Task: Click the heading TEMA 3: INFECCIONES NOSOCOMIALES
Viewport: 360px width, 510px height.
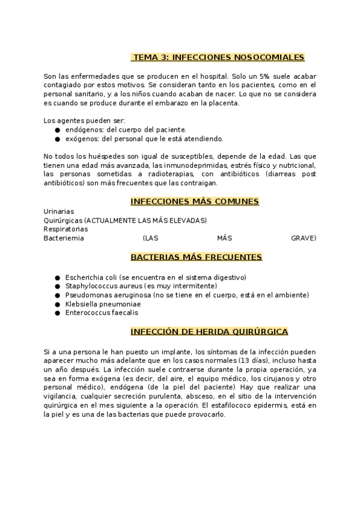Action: (x=218, y=57)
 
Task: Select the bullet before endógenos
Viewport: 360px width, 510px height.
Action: (x=57, y=130)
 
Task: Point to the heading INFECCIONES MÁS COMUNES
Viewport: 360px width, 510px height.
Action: (x=195, y=201)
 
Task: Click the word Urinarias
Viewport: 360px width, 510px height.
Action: (x=59, y=212)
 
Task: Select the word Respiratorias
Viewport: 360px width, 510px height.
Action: (x=66, y=229)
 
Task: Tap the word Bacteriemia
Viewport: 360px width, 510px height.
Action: (x=64, y=238)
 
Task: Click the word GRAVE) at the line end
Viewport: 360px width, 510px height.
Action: (x=304, y=238)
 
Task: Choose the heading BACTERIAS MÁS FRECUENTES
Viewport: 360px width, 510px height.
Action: (x=196, y=257)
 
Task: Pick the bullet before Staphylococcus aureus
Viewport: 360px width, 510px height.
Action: (x=57, y=286)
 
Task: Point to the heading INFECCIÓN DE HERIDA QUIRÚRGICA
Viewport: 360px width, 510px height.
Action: (x=209, y=331)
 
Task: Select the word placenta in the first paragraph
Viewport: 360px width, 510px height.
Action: (x=222, y=103)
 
